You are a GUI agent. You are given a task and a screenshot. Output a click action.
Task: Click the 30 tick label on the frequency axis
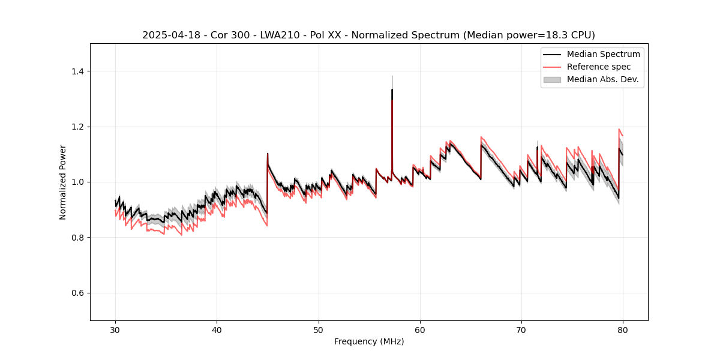tap(115, 329)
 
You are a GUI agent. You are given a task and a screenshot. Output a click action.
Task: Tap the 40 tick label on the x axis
tap(217, 329)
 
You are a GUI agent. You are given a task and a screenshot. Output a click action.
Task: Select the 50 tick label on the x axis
tap(318, 329)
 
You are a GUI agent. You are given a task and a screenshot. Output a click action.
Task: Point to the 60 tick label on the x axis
tap(420, 329)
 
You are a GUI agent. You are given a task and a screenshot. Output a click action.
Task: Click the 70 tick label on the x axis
tap(521, 329)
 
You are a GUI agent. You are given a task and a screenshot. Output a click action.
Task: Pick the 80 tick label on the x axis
tap(623, 329)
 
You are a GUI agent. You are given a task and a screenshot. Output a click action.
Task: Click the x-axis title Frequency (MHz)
tap(369, 341)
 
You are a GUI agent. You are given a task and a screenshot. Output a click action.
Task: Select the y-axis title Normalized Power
tap(63, 182)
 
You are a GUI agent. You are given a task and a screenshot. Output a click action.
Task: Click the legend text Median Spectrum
tap(603, 54)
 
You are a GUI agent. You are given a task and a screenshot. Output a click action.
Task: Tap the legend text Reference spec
tap(599, 67)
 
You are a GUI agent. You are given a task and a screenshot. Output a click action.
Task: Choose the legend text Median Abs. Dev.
tap(603, 79)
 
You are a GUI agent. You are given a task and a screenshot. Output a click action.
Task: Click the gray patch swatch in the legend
tap(552, 79)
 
